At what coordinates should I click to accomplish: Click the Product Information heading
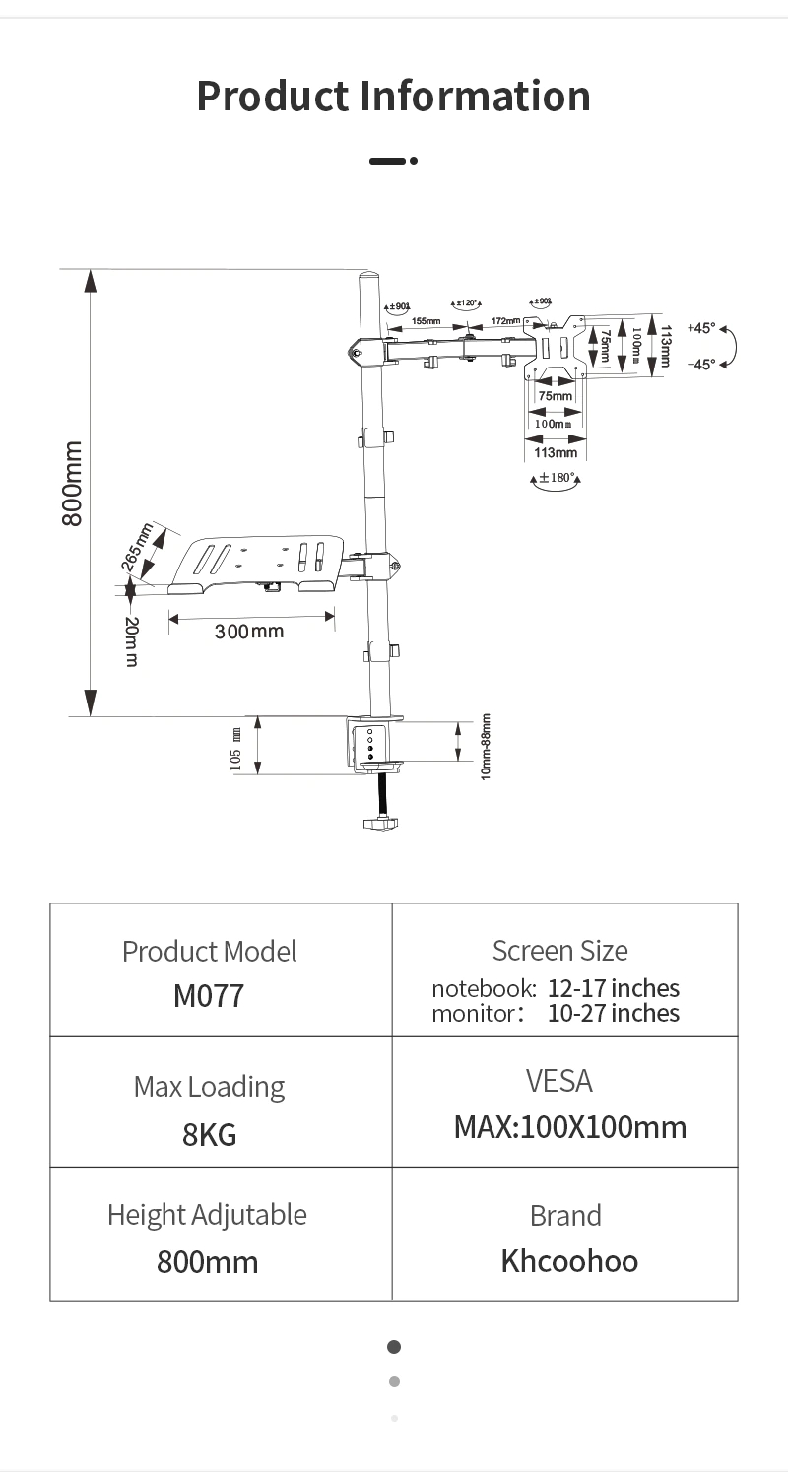(x=393, y=96)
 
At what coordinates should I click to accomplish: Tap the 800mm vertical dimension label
(x=73, y=484)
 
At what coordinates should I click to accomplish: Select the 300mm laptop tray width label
(x=248, y=631)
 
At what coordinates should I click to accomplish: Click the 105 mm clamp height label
(x=235, y=748)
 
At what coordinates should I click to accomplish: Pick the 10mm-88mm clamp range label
(x=486, y=747)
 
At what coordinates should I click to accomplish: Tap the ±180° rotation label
(x=556, y=478)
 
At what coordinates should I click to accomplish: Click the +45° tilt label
(x=701, y=328)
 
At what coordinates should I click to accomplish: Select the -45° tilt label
(x=701, y=365)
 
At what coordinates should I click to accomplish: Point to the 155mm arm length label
(x=426, y=321)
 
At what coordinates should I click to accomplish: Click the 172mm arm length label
(x=504, y=321)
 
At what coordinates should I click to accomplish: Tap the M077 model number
(x=208, y=996)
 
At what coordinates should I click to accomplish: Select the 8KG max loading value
(x=209, y=1135)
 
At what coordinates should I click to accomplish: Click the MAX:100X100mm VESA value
(x=569, y=1127)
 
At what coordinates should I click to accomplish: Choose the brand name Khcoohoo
(x=569, y=1261)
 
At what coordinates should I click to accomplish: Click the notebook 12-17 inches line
(x=556, y=988)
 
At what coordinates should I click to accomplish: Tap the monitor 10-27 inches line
(x=556, y=1014)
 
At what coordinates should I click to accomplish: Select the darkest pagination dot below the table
(x=394, y=1347)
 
